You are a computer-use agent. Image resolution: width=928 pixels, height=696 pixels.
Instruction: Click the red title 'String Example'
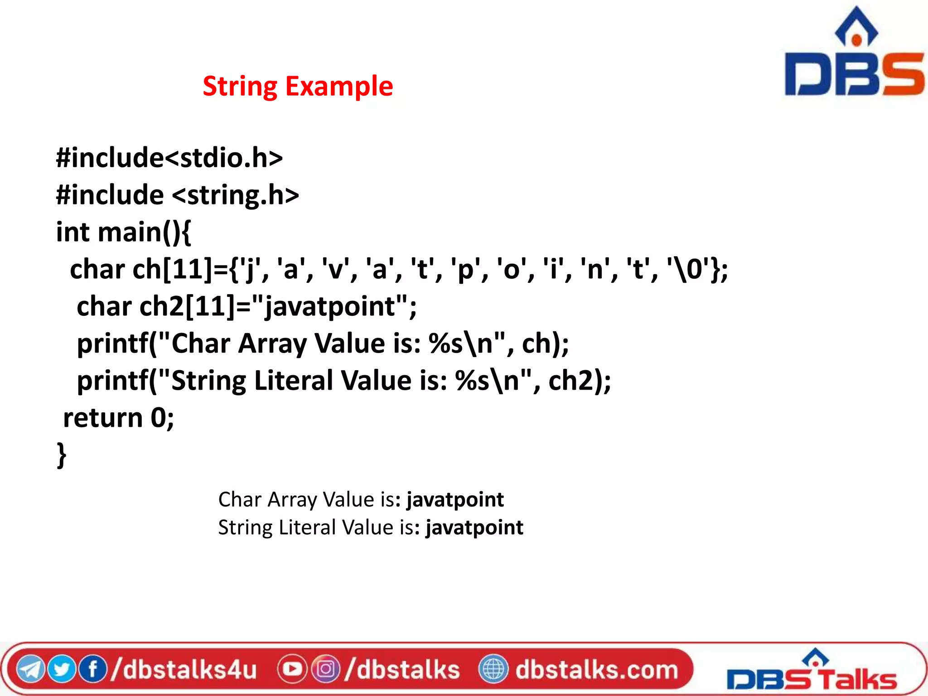[298, 86]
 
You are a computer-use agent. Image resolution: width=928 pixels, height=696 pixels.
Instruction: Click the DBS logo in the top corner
[854, 54]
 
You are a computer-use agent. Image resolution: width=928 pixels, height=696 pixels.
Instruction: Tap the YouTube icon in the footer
[292, 669]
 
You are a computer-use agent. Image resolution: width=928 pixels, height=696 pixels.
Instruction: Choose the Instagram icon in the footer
[325, 669]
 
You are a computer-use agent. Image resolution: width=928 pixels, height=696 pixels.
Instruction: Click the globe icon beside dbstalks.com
[493, 669]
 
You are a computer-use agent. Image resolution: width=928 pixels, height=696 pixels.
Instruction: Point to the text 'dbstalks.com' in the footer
[596, 669]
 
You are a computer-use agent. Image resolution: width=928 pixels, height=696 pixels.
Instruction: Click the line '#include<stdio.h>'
[169, 158]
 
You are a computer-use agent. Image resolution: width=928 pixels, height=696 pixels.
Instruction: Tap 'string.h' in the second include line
[236, 195]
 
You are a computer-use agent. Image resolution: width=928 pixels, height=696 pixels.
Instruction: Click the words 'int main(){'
[123, 232]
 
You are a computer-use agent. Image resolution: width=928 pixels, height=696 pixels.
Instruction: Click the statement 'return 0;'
[119, 417]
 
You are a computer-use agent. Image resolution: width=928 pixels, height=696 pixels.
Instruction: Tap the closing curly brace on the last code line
[62, 455]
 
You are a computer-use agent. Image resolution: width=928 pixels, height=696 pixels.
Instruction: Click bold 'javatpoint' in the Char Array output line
[455, 500]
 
